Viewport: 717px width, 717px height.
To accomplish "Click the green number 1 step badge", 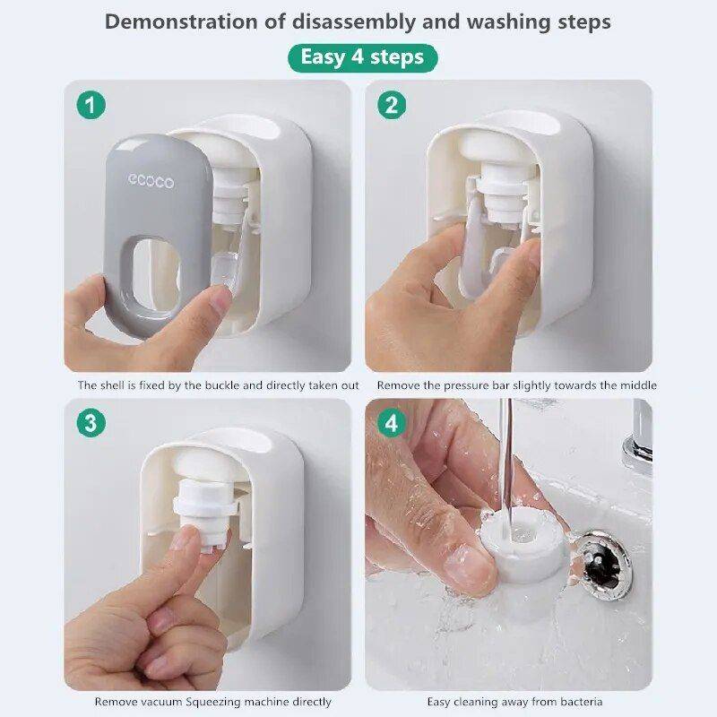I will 90,106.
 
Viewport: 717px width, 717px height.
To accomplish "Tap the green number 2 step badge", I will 391,106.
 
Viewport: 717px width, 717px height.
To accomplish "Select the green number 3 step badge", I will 90,422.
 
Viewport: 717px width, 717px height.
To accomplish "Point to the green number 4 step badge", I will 391,422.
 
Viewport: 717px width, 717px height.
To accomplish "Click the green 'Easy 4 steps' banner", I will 362,57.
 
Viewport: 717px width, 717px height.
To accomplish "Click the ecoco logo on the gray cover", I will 151,182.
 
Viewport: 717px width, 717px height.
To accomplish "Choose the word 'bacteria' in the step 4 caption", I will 578,702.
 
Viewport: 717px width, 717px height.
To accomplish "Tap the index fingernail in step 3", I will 186,538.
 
